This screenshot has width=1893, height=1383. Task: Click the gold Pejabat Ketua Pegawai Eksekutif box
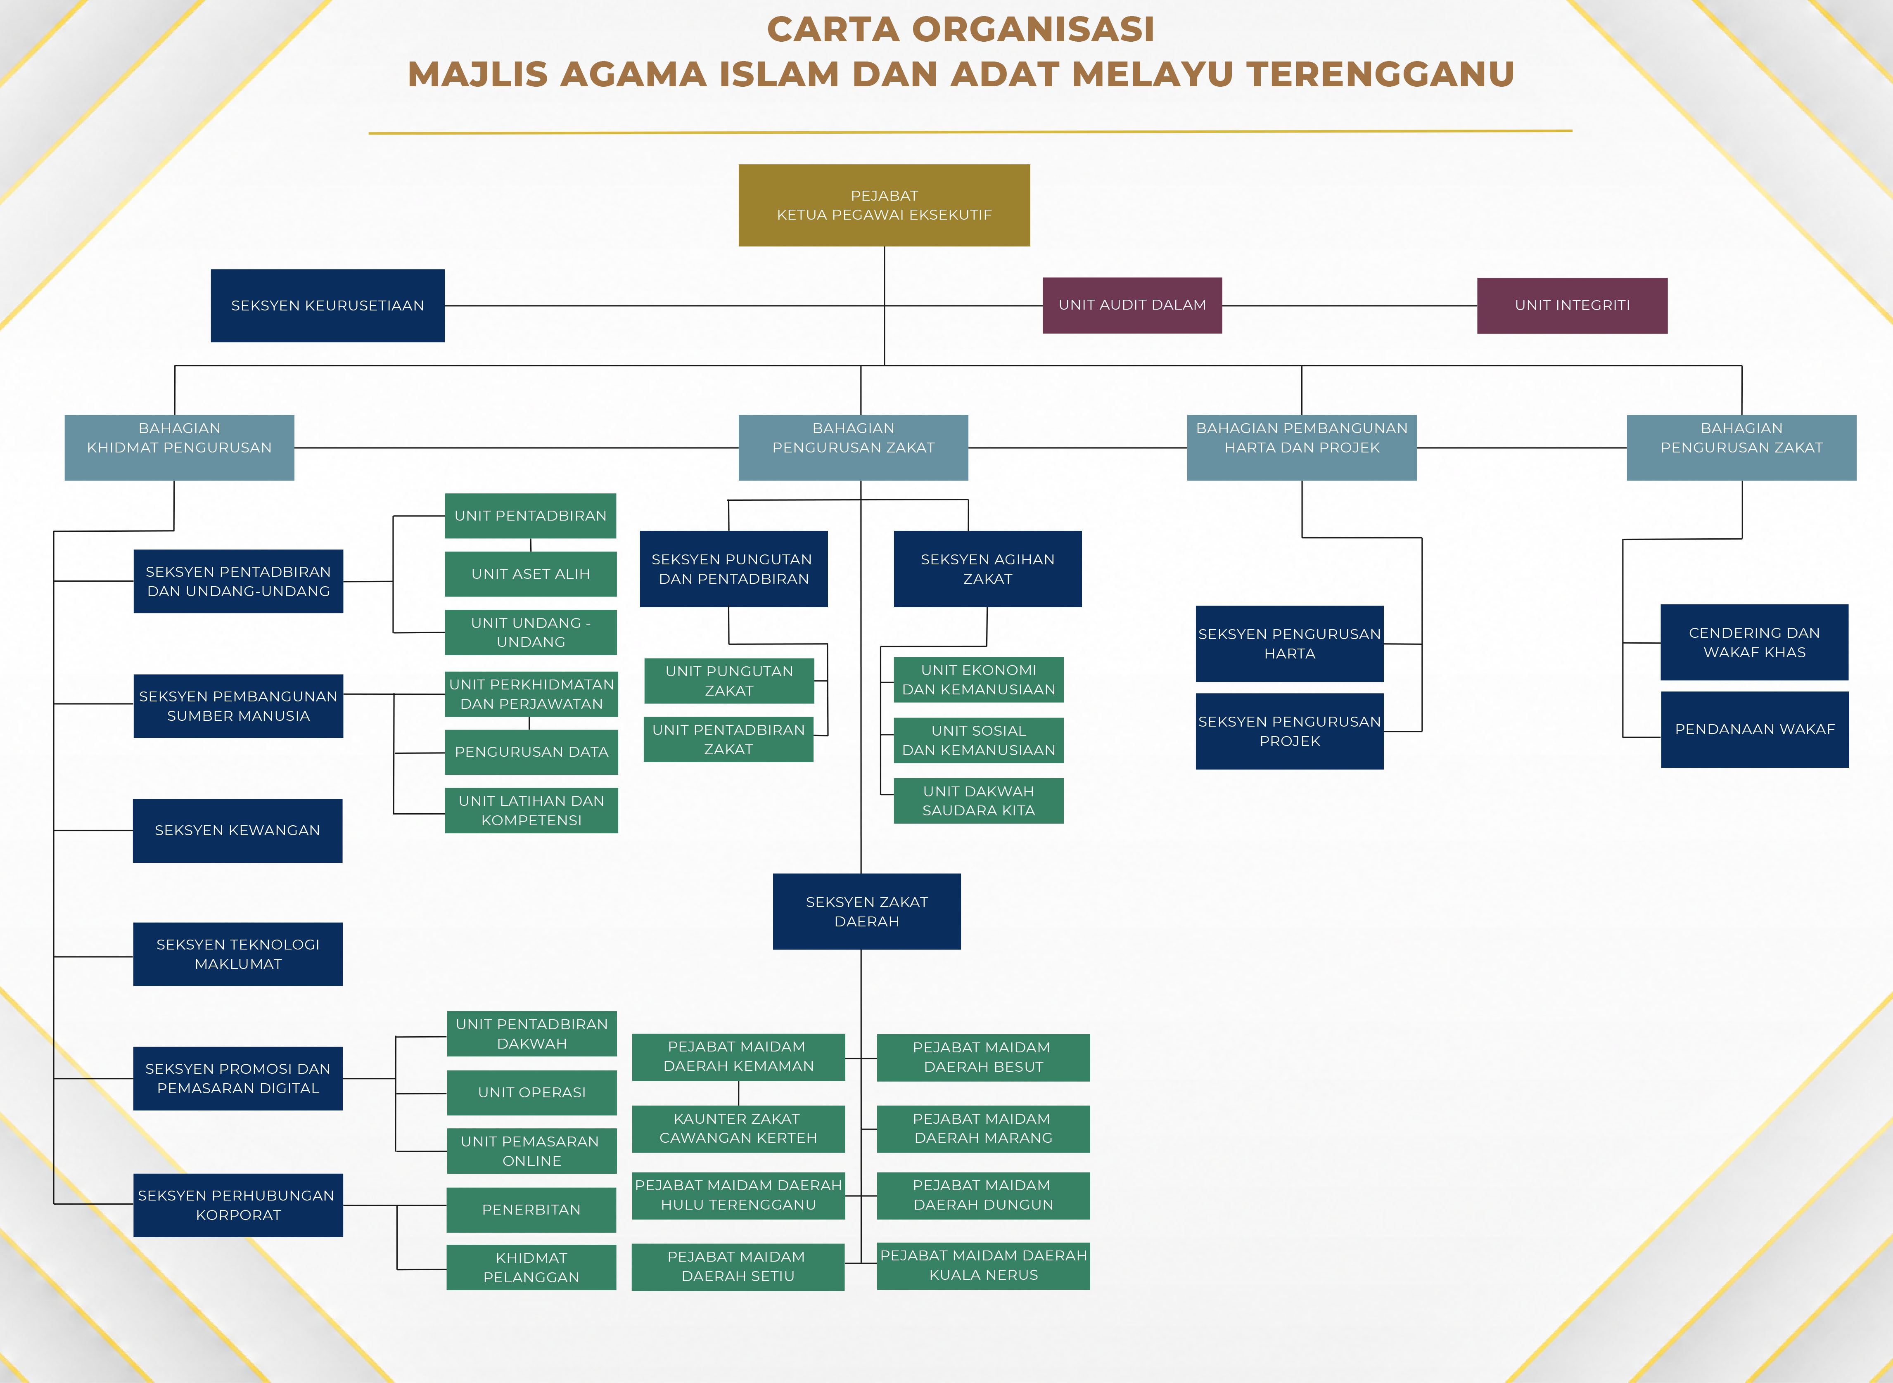[x=884, y=205]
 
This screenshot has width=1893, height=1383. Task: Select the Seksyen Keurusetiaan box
[x=327, y=305]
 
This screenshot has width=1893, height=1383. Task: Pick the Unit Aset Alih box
[x=531, y=573]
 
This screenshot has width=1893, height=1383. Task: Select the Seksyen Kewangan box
[x=238, y=831]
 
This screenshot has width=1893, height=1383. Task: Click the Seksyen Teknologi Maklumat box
[x=238, y=954]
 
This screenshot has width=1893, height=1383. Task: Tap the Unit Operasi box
[x=531, y=1092]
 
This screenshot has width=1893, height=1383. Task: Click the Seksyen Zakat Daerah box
[x=866, y=912]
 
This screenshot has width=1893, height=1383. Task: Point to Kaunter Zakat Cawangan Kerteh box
[x=738, y=1129]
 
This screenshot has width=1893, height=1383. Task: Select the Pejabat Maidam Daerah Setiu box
[x=738, y=1267]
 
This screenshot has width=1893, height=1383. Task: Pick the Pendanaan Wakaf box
[x=1755, y=729]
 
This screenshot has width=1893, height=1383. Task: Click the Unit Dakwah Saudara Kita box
[x=979, y=801]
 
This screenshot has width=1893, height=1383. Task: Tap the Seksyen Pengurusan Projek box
[x=1289, y=731]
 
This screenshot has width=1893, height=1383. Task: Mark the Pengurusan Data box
[x=531, y=752]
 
